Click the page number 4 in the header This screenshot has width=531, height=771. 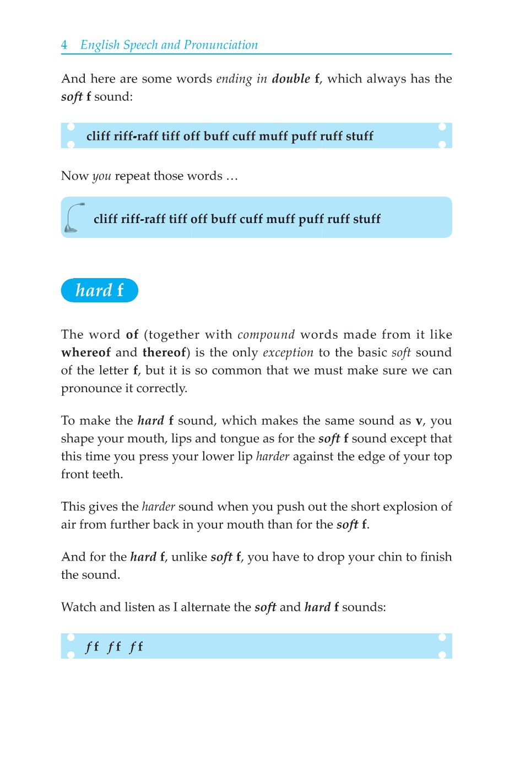pos(64,45)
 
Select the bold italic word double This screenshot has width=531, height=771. pos(291,79)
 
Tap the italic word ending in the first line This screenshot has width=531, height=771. pos(234,79)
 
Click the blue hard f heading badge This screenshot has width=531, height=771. pos(100,290)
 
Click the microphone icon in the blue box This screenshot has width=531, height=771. pos(74,218)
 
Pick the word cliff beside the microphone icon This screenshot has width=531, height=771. pos(106,219)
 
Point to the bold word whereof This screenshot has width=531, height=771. pos(86,352)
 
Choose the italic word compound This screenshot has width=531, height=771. pos(266,335)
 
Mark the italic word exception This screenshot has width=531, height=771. pos(288,353)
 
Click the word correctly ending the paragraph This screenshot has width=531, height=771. pos(161,388)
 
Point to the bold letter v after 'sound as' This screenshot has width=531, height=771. pos(419,421)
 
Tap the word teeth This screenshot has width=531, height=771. pos(108,474)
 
